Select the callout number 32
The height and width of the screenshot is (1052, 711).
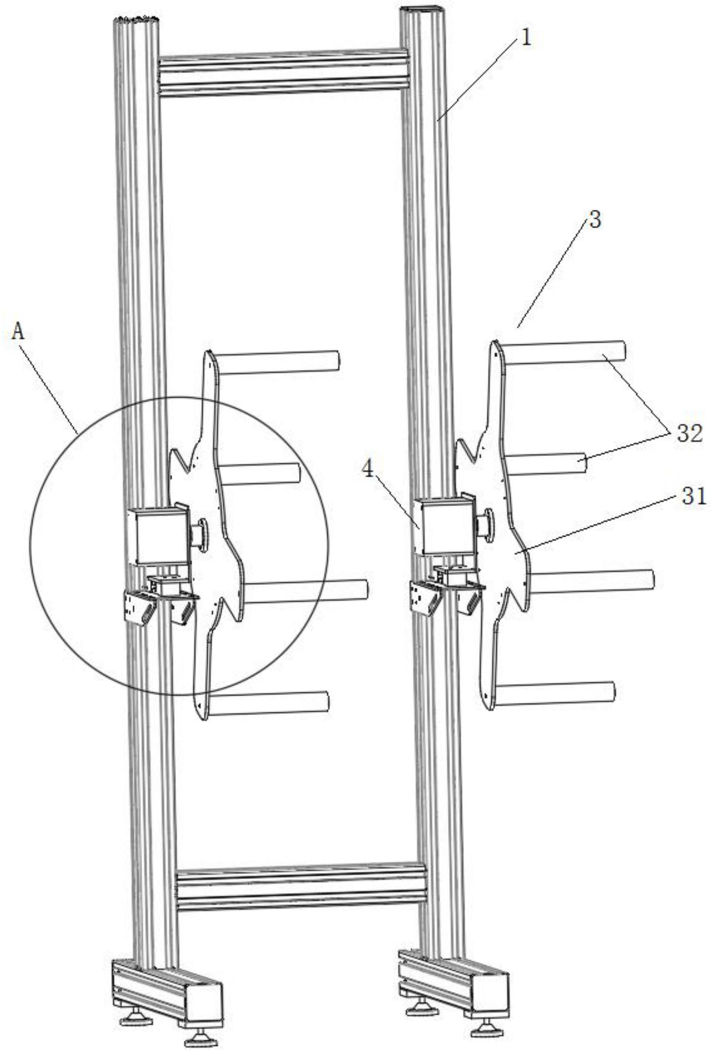(x=689, y=434)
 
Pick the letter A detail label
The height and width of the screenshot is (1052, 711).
(x=18, y=332)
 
